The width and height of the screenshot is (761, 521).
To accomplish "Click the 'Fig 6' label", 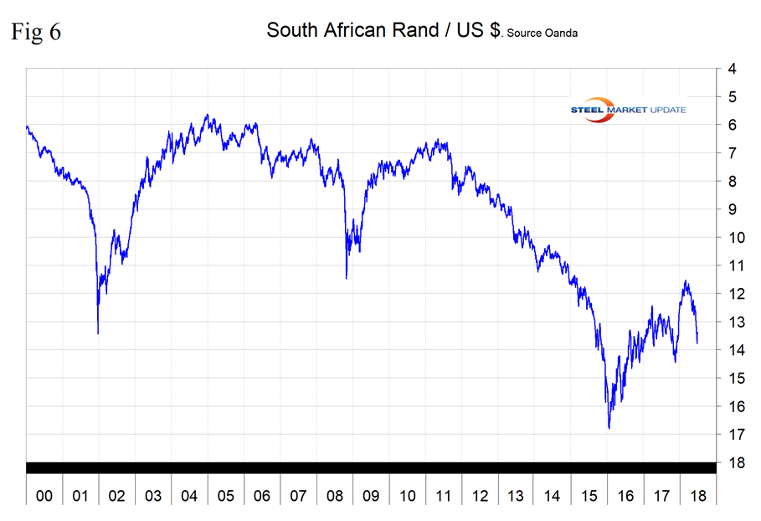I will click(35, 31).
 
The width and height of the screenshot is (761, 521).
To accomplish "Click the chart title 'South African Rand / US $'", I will click(383, 30).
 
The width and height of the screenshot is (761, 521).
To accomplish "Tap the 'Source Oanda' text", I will click(542, 34).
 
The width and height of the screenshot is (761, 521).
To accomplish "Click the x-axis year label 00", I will click(44, 496).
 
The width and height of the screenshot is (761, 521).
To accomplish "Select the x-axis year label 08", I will click(335, 496).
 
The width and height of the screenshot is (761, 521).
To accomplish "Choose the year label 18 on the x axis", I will click(697, 496).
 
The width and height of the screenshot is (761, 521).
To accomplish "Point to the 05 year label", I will click(226, 496).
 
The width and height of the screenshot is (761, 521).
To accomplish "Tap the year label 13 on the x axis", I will click(516, 496).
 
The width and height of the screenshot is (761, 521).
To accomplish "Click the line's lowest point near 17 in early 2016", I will click(609, 428).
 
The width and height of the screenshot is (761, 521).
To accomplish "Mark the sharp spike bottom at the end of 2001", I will click(98, 333).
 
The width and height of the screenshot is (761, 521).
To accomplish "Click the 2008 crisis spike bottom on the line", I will click(347, 277).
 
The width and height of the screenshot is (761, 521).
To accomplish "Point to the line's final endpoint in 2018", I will click(697, 342).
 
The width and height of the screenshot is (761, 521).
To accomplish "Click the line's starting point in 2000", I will click(27, 126).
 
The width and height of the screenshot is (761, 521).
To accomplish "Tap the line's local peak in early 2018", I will click(686, 281).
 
